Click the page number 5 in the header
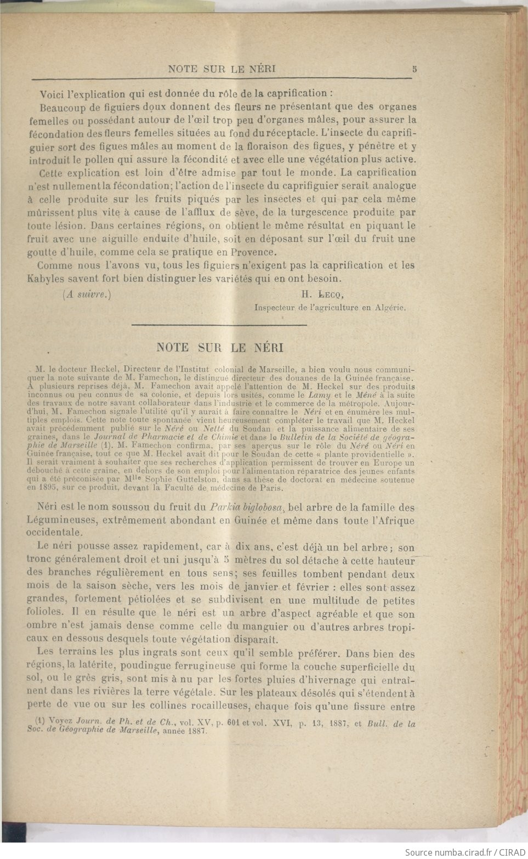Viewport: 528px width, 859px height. (415, 69)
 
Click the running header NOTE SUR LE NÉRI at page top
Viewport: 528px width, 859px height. (222, 69)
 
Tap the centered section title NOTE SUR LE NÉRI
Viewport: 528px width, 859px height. (220, 347)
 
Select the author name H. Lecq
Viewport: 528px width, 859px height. (322, 294)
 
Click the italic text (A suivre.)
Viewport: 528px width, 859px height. (87, 294)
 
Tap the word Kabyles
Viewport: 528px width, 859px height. (46, 279)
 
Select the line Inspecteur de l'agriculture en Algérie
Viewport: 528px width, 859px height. (330, 308)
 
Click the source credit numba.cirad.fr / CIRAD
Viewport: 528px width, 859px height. (465, 852)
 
